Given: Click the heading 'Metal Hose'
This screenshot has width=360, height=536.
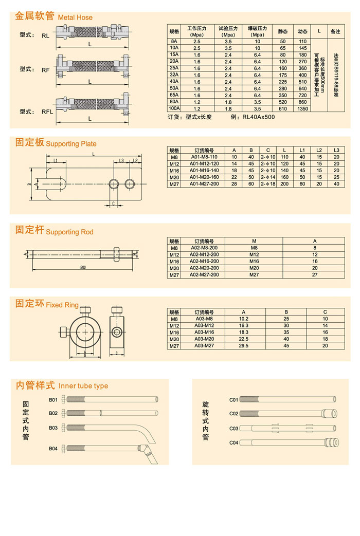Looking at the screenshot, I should (x=75, y=17).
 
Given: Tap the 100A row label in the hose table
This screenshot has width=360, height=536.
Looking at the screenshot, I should (x=174, y=108).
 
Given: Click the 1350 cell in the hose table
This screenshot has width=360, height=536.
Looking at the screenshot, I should (x=302, y=108).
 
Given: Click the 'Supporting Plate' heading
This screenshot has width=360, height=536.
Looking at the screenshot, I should (x=71, y=144).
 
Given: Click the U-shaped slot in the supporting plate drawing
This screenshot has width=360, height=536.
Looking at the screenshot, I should (x=54, y=183).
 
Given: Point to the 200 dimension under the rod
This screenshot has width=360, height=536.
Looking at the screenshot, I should (x=83, y=268).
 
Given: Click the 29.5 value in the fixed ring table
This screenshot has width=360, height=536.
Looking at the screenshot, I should (x=244, y=346).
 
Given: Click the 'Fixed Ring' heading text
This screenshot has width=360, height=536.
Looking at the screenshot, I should (x=62, y=305).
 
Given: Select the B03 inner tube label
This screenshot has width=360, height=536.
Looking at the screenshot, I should (x=53, y=428).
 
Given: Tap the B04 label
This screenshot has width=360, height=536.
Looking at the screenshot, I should (x=53, y=448).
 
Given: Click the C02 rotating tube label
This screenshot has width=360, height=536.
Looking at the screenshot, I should (x=233, y=413).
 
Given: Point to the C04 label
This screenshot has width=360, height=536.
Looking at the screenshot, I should (x=233, y=442).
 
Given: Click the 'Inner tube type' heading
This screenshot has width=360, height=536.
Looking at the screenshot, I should (x=83, y=386).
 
